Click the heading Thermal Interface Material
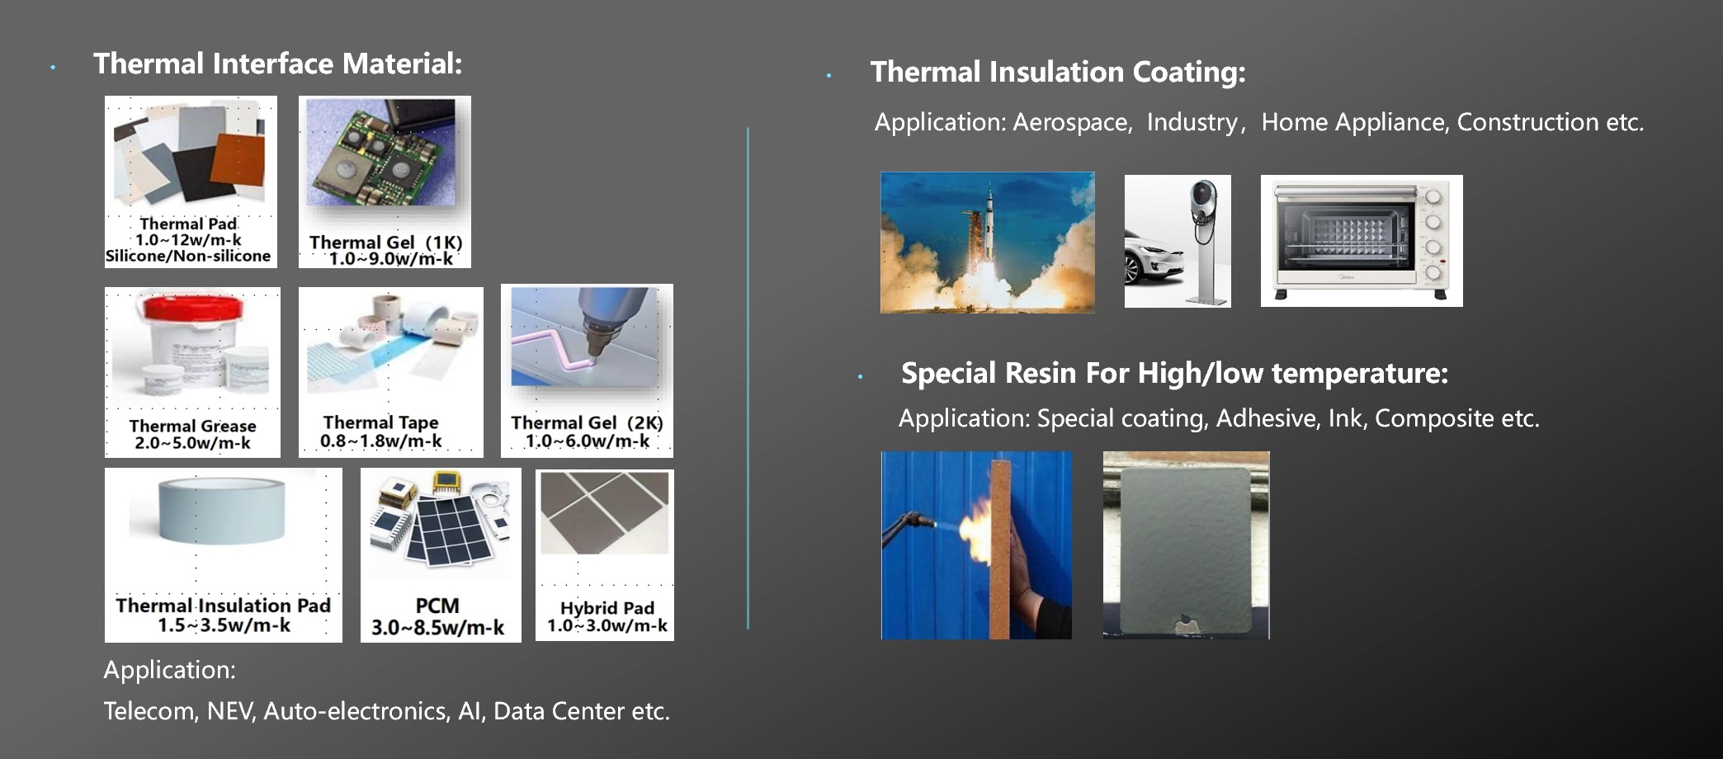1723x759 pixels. tap(277, 64)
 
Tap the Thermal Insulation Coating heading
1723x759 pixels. tap(1058, 72)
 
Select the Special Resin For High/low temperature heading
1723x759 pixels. tap(1174, 373)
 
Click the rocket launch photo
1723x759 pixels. tap(988, 243)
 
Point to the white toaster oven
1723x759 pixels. tap(1362, 241)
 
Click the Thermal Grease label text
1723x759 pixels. tap(192, 426)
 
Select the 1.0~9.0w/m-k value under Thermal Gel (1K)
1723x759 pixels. tap(391, 259)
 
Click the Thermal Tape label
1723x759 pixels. tap(380, 422)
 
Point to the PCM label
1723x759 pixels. tap(437, 606)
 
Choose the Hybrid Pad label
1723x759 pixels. tap(607, 608)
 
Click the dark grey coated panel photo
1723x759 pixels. tap(1187, 545)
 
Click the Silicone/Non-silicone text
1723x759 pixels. tap(188, 256)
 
